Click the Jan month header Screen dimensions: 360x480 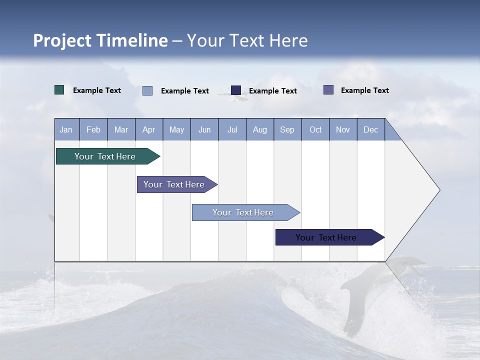coord(66,129)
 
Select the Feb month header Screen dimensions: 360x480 coord(93,129)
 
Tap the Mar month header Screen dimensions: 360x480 coord(121,129)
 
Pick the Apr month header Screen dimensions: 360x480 coord(149,129)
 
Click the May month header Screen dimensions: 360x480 coord(176,129)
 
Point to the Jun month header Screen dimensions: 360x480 coord(204,129)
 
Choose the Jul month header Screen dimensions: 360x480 coord(232,129)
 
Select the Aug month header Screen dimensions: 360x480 coord(260,129)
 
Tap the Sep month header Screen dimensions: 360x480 coord(287,129)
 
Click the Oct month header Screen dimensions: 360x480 coord(315,129)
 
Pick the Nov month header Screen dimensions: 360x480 coord(343,129)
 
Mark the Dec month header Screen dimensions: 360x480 coord(371,129)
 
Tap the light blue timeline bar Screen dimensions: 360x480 coord(243,212)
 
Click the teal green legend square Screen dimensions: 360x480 coord(59,90)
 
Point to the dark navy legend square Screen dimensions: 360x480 coord(236,90)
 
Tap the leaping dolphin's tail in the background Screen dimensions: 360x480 coord(353,320)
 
